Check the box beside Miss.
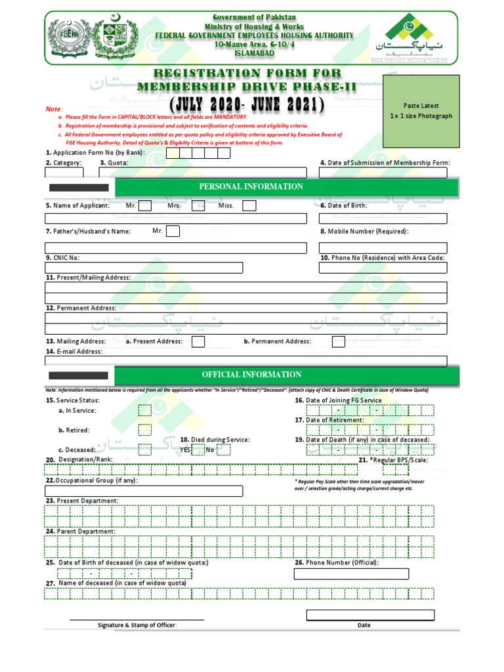(x=249, y=206)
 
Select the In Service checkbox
(x=144, y=410)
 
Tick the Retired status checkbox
(x=144, y=430)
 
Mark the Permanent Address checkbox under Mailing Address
(x=338, y=341)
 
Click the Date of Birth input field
(x=383, y=219)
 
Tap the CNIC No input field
(x=143, y=268)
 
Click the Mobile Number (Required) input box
(x=383, y=247)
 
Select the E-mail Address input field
(x=245, y=361)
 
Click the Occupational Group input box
(x=143, y=491)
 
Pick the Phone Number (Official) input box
(x=364, y=574)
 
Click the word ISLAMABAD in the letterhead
(x=253, y=52)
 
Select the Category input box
(x=64, y=173)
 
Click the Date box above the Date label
(x=370, y=615)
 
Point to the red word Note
(x=53, y=108)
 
